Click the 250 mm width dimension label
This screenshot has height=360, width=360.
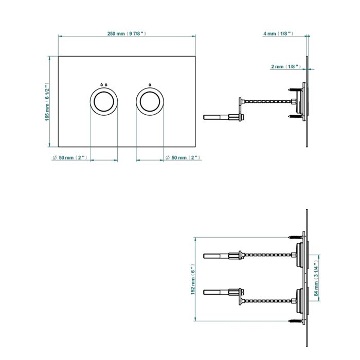[127, 33]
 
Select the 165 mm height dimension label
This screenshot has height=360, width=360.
[47, 102]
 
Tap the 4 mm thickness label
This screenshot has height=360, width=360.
[278, 33]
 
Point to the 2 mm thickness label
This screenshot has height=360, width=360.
[286, 66]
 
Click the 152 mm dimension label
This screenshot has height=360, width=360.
[193, 279]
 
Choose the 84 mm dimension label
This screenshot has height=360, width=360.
[316, 279]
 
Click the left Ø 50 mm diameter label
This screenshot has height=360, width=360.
[70, 158]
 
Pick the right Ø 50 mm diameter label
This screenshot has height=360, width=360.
[183, 158]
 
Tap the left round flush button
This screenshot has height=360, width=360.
[104, 102]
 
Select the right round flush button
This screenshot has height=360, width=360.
[150, 102]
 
